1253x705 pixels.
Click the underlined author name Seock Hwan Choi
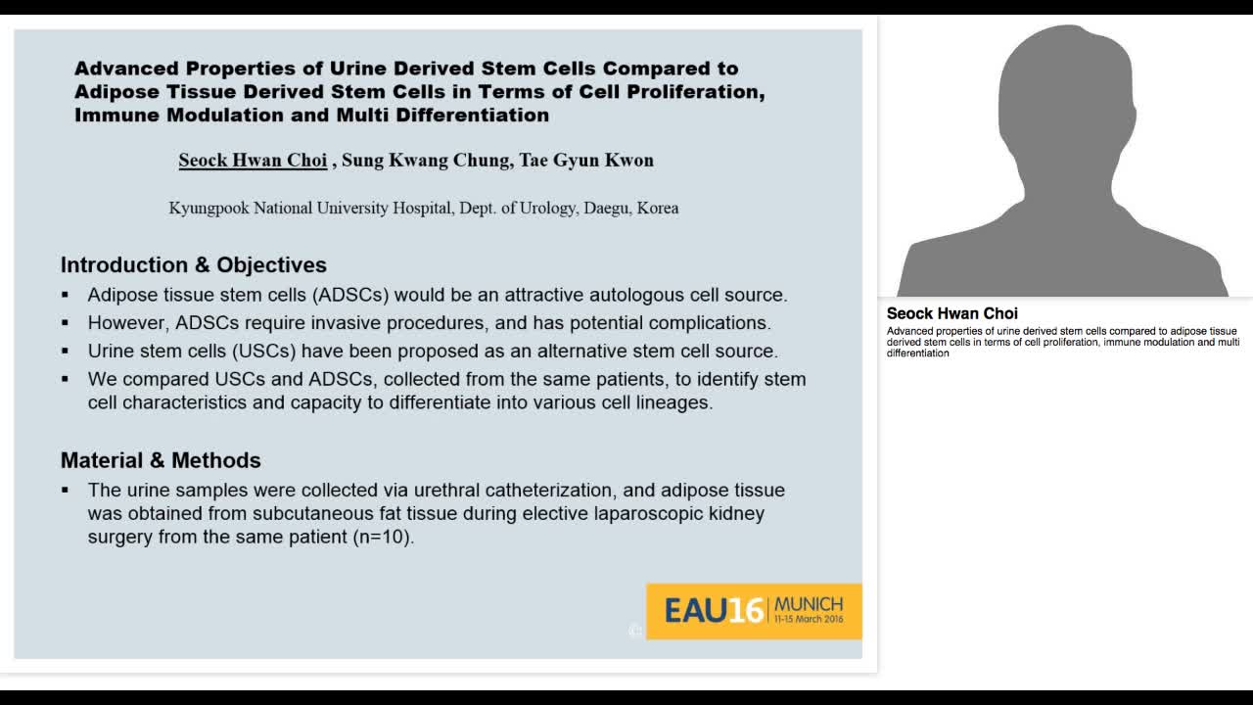(x=253, y=161)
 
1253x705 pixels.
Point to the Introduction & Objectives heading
(x=194, y=265)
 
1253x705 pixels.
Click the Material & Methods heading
(x=161, y=460)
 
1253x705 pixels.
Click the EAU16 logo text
(x=714, y=611)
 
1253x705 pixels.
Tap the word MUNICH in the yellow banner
(x=808, y=604)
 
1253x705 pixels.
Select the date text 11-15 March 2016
(x=808, y=621)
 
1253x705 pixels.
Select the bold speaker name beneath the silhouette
(x=951, y=314)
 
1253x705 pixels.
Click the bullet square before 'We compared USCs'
(x=66, y=379)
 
